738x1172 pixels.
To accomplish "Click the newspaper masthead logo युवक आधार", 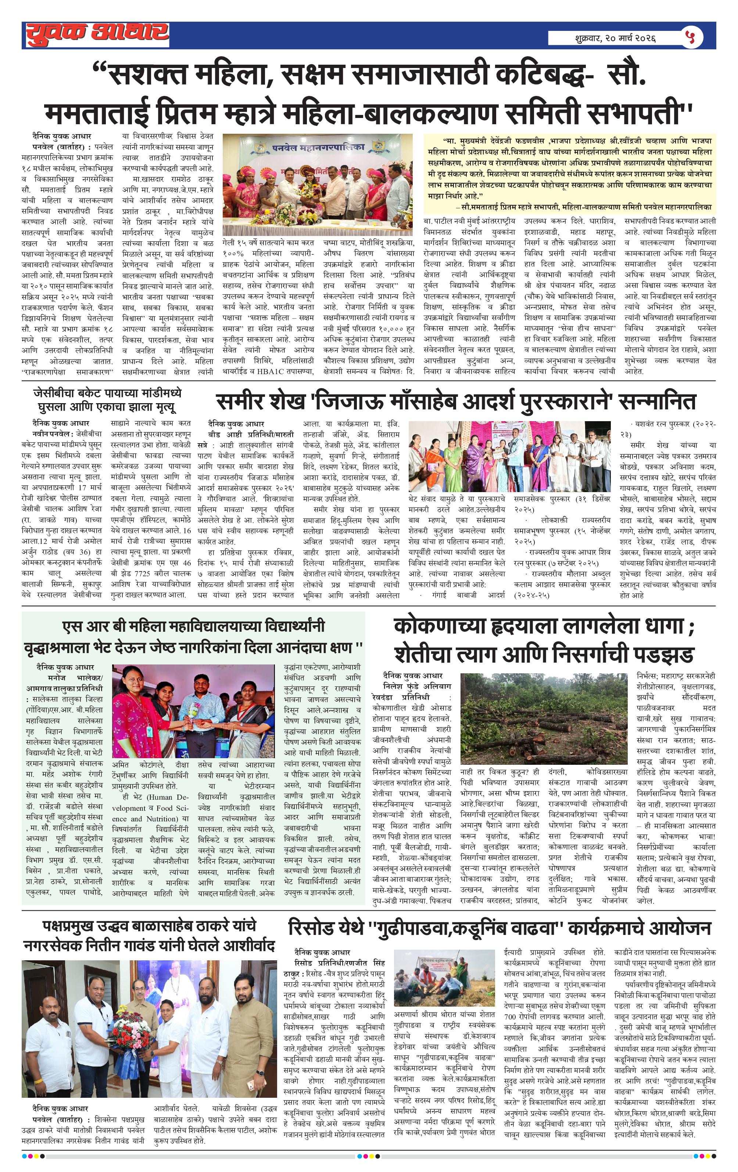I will coord(97,34).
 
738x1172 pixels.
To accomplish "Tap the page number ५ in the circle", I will coord(692,37).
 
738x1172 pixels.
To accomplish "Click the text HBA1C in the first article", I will coord(282,371).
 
